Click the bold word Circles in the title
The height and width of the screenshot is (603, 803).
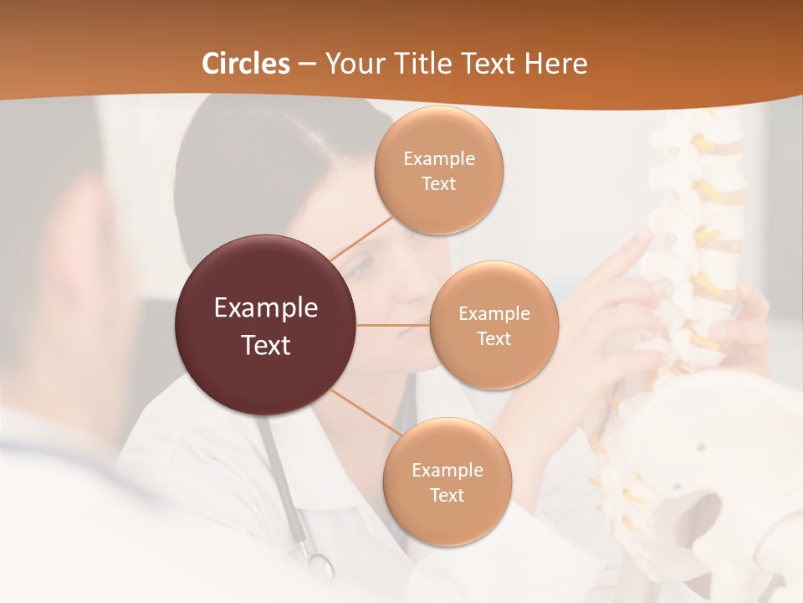[246, 64]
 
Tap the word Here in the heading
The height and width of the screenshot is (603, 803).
[555, 64]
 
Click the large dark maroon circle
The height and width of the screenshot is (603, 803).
[265, 325]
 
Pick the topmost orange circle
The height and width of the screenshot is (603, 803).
[439, 170]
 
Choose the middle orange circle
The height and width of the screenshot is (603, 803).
[494, 325]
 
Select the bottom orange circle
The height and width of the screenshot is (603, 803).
[447, 482]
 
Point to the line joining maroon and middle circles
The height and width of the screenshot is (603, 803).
[393, 325]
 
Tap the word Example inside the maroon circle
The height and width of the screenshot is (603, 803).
[265, 308]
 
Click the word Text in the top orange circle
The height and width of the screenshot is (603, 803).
[439, 184]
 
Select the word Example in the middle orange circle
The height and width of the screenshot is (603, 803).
[494, 313]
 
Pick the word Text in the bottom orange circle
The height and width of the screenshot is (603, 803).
[447, 495]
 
